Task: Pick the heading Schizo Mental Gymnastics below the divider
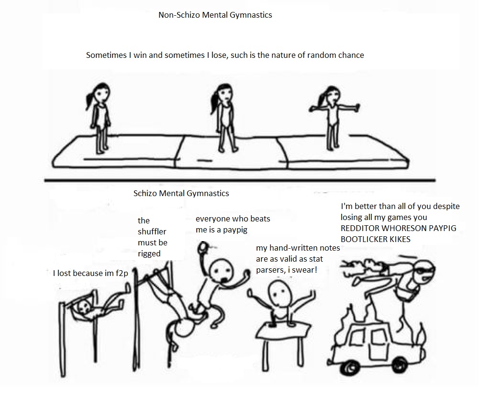[181, 193]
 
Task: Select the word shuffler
[152, 232]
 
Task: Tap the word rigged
[149, 254]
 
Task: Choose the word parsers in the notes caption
[269, 270]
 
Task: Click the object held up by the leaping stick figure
[203, 247]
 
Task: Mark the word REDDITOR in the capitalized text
[360, 228]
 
